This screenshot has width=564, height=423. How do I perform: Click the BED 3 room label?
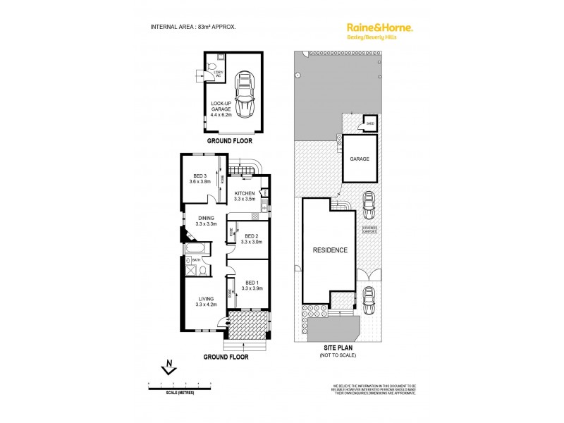200,178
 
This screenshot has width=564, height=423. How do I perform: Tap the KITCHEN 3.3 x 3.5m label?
245,195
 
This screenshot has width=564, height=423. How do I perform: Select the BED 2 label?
251,238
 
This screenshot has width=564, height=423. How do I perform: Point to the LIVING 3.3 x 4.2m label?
205,301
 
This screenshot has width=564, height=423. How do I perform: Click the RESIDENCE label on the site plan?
330,250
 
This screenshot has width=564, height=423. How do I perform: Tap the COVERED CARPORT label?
370,230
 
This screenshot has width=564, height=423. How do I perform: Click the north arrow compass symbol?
168,367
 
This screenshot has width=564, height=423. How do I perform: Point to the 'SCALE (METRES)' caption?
180,392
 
